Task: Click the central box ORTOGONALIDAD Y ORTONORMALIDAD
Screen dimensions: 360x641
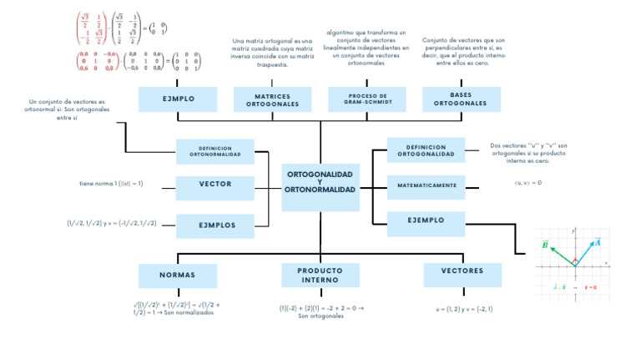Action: (x=320, y=183)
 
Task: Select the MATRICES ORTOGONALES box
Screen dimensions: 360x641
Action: (x=273, y=100)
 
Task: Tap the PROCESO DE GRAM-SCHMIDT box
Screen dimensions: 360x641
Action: (x=366, y=99)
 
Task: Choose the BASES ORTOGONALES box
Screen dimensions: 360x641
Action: (x=461, y=99)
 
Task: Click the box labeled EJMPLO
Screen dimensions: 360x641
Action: (x=179, y=99)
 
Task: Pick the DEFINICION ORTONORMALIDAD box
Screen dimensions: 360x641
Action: (x=215, y=151)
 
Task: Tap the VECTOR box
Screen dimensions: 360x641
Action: (x=215, y=184)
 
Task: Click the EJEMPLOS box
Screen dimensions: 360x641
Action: (x=215, y=225)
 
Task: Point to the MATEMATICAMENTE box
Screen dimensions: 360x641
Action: (x=426, y=185)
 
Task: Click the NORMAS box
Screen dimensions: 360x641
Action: (x=177, y=275)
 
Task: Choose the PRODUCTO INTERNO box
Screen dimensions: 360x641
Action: (x=320, y=275)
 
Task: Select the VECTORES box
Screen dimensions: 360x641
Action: (x=462, y=271)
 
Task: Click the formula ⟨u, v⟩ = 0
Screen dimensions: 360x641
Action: (x=527, y=182)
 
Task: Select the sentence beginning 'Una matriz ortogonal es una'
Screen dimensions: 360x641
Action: (x=273, y=52)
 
